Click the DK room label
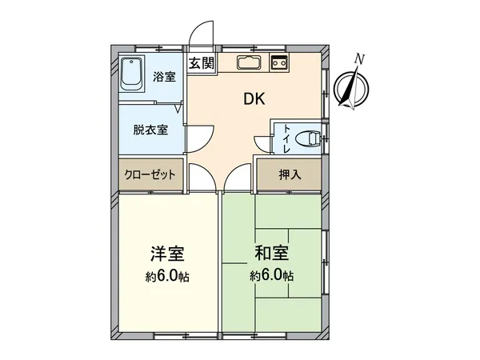point(254,99)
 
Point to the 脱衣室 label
point(150,130)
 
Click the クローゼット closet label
point(150,174)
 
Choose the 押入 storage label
point(290,174)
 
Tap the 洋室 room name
point(168,255)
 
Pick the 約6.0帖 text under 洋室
point(168,277)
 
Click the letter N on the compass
point(360,58)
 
